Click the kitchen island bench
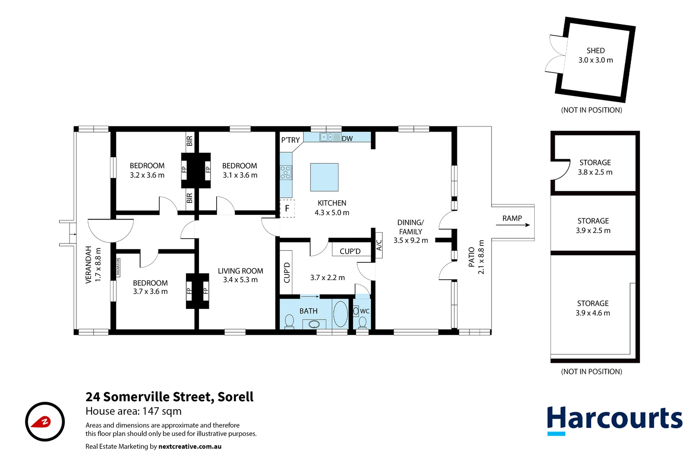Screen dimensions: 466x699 point(324,177)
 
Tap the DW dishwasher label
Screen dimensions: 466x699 point(347,139)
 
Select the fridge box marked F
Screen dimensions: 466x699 point(287,208)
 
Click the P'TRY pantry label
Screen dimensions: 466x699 point(290,140)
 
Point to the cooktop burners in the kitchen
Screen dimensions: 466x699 point(285,173)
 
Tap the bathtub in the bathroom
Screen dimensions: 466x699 point(340,314)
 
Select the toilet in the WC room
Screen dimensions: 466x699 point(362,322)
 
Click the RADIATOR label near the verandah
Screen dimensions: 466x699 point(118,268)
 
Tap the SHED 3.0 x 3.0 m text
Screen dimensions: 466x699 point(595,56)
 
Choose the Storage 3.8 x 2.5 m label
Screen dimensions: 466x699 point(595,167)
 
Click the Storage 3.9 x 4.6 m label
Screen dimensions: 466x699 point(593,308)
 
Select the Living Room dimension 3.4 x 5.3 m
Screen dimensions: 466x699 point(240,280)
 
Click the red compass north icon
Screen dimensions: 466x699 point(45,422)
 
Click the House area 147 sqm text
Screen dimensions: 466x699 point(133,411)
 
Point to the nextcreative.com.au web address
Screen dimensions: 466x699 point(190,447)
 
